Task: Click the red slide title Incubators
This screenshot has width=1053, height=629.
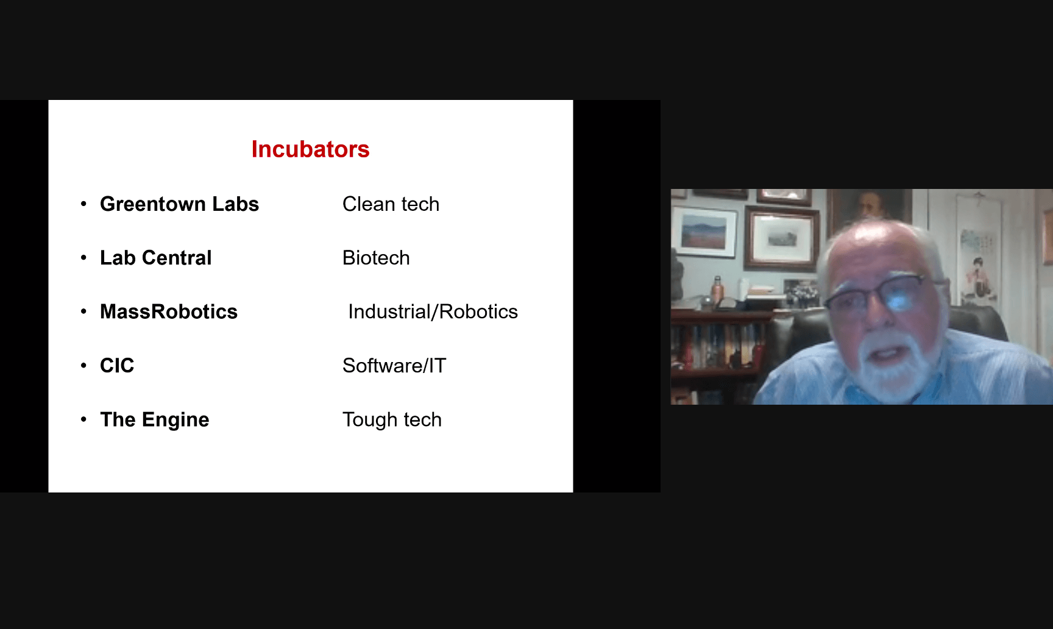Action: [x=310, y=149]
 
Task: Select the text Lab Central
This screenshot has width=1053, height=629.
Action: [x=155, y=258]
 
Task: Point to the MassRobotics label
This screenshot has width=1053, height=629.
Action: [x=169, y=311]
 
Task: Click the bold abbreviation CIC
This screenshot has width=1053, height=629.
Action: [x=117, y=365]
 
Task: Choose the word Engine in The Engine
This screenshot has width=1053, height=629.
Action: [x=175, y=420]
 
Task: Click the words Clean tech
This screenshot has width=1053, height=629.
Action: [x=391, y=204]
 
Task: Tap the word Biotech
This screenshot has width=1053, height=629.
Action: [x=376, y=258]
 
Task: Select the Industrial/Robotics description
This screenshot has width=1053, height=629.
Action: [x=433, y=311]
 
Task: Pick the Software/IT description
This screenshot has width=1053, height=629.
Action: [x=394, y=366]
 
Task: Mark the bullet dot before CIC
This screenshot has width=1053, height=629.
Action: [x=83, y=365]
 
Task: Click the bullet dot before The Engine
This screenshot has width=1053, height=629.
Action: [x=83, y=419]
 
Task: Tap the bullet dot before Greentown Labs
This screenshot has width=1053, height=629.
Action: [x=83, y=204]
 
